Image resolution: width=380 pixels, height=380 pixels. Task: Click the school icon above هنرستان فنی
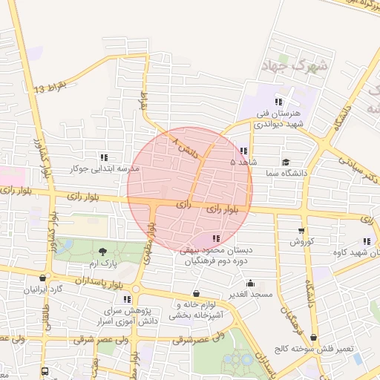[x=278, y=102]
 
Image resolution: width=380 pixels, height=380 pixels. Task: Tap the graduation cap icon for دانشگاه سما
[x=286, y=163]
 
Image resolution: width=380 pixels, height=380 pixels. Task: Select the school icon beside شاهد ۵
[x=243, y=151]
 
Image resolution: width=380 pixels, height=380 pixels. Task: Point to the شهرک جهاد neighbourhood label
[x=294, y=66]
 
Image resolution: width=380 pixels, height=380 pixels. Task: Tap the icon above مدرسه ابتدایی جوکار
[x=104, y=157]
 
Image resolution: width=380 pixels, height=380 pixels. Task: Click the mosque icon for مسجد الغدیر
[x=250, y=283]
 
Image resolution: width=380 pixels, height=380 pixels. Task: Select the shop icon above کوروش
[x=301, y=230]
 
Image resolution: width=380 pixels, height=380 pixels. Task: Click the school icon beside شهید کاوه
[x=367, y=241]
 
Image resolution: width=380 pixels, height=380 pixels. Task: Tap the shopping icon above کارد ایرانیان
[x=42, y=278]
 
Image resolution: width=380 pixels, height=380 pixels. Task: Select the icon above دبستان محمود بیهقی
[x=216, y=238]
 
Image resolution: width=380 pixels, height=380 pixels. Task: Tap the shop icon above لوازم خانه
[x=196, y=293]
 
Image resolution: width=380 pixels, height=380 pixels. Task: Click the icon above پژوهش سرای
[x=127, y=299]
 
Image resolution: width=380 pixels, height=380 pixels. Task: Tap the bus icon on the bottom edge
[x=45, y=370]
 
